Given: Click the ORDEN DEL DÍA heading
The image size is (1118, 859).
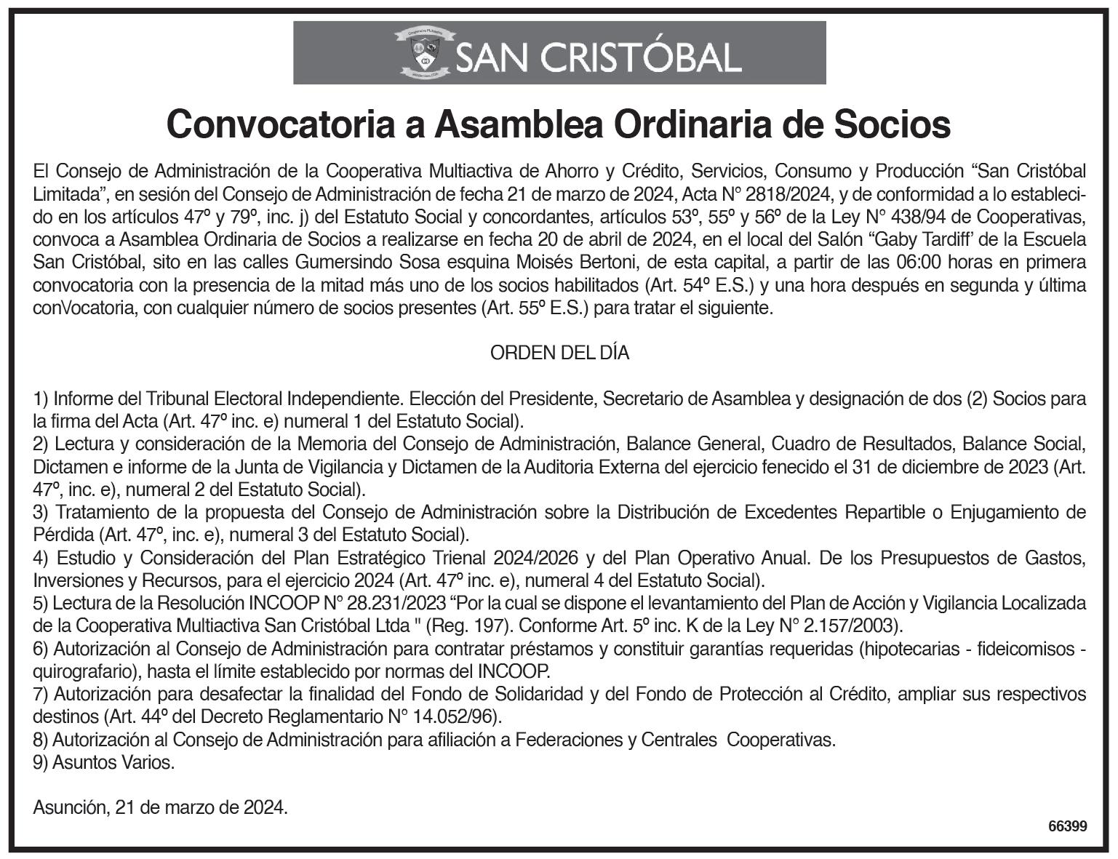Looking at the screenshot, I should point(559,353).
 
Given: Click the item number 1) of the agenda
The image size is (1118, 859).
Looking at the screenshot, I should point(41,399).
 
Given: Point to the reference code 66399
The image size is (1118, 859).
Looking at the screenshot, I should point(1068,826).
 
